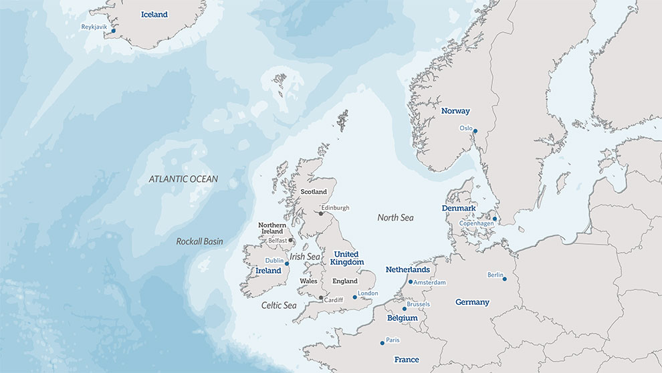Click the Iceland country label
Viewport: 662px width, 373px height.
pos(154,14)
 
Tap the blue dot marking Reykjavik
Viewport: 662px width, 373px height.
pos(114,31)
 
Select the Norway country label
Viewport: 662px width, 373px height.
pos(455,111)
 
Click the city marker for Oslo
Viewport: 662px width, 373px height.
pos(475,132)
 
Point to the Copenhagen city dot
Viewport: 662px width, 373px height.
pos(495,219)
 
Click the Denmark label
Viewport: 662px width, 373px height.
pos(459,209)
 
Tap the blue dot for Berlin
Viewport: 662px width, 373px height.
pos(505,279)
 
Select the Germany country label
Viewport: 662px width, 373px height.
pos(472,302)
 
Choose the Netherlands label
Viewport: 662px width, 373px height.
pos(407,269)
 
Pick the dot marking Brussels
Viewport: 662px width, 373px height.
pos(404,309)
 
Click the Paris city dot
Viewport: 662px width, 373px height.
pos(382,343)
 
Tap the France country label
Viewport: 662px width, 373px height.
pos(407,360)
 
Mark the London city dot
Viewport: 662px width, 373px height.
pos(354,297)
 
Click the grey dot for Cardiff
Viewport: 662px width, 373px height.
pos(321,297)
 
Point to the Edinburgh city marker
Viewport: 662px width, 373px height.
pos(320,213)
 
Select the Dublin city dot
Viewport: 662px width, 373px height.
pos(287,264)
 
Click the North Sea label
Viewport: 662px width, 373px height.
pos(395,218)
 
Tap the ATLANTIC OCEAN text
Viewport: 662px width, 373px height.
pos(183,179)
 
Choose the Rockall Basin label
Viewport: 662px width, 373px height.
pos(199,241)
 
